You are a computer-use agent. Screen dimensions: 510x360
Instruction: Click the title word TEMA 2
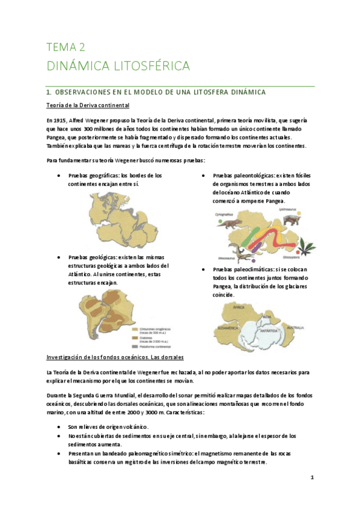(66, 47)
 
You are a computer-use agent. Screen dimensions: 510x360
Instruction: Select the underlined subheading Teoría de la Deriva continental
(88, 106)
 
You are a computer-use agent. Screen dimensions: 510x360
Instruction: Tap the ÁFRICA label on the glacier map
(239, 307)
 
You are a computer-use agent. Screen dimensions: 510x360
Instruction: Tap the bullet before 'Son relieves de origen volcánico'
(56, 426)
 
